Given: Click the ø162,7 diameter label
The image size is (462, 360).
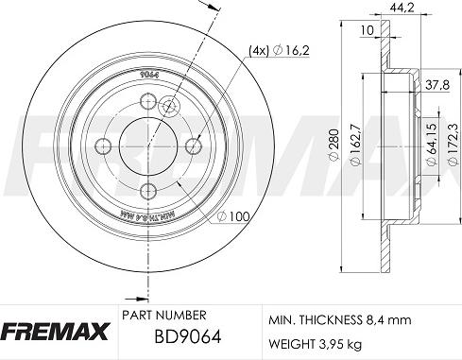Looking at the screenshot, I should (x=353, y=150).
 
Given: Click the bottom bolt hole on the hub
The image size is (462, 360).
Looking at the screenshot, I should (x=146, y=192).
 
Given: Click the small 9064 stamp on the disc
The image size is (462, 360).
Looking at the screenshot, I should (x=147, y=75).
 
